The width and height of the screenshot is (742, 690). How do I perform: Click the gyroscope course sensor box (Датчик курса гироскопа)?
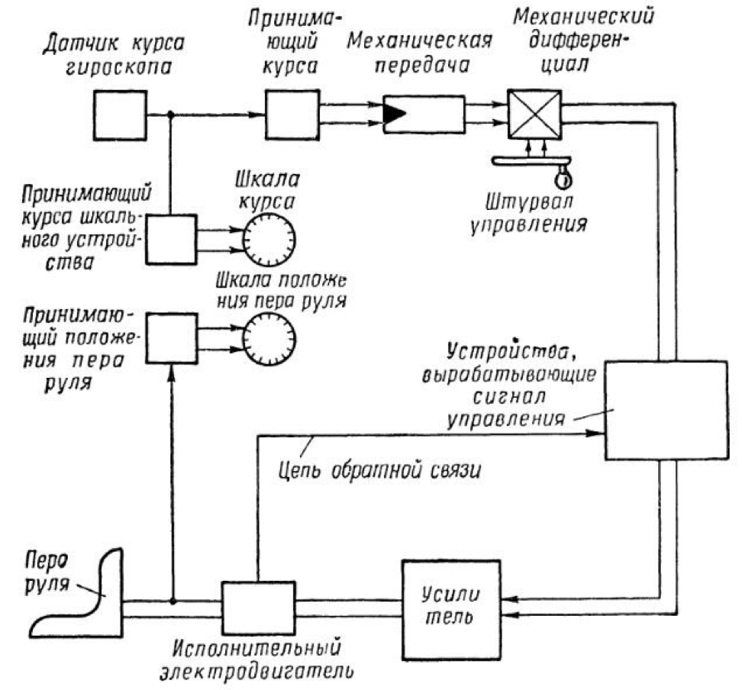coord(120,114)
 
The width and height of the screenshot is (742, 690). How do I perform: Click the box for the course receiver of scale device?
coord(171,239)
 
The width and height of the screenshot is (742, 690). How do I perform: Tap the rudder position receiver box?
coord(171,338)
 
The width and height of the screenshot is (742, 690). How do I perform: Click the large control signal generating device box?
coord(666,410)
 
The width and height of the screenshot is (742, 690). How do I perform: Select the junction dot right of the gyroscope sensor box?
coord(171,114)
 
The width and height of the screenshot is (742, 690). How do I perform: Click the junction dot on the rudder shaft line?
coord(173,600)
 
